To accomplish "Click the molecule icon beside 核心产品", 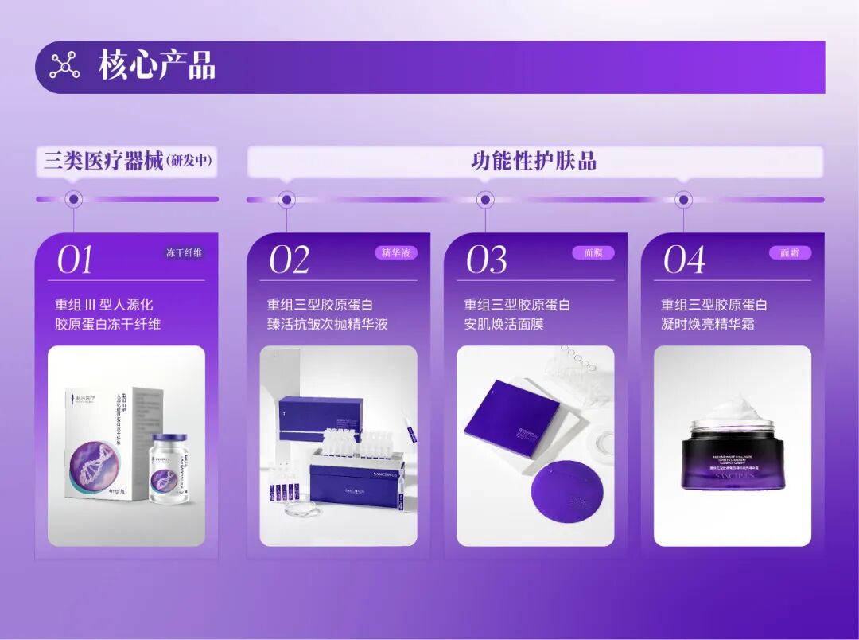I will tap(65, 65).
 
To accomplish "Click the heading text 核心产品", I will tap(157, 65).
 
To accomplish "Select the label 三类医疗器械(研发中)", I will tap(128, 162).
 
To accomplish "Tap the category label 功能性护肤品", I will tap(534, 162).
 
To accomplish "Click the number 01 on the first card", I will tap(75, 260).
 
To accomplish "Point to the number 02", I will tap(289, 260).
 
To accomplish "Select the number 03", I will tap(486, 260).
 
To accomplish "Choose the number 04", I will tap(683, 260).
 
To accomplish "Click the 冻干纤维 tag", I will tap(184, 253).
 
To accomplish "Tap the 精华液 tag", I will tap(396, 253).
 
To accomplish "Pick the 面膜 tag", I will tap(593, 253).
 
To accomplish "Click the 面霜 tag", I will tap(790, 253).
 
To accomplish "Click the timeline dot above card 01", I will tap(74, 199).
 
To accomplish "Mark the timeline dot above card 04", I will tap(683, 199).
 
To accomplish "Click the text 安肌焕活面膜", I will tap(503, 325).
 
